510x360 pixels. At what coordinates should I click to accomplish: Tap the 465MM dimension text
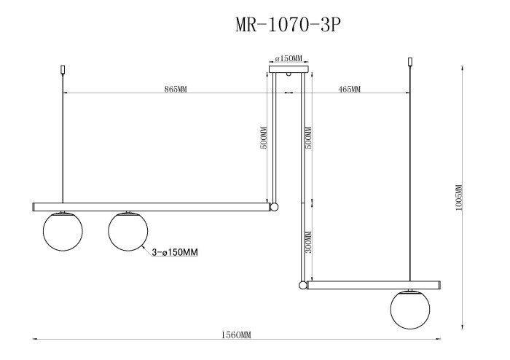(x=350, y=89)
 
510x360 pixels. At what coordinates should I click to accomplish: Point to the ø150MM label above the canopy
(x=289, y=58)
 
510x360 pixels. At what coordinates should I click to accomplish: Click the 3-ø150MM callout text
(x=176, y=253)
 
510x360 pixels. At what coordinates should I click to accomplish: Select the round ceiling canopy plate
(x=289, y=71)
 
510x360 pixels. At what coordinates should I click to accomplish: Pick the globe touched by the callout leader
(x=127, y=230)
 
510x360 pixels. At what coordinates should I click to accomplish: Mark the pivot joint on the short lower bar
(x=302, y=285)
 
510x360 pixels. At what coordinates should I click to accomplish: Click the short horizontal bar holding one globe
(x=373, y=285)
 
